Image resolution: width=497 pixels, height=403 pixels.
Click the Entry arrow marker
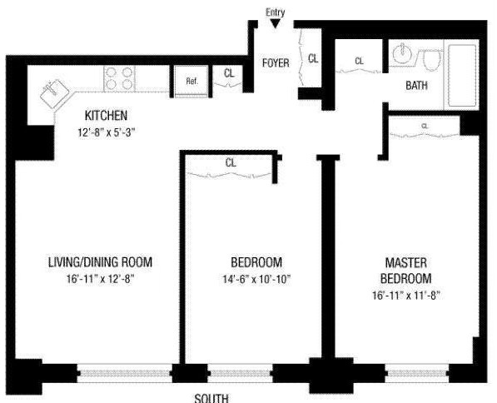pyautogui.click(x=276, y=23)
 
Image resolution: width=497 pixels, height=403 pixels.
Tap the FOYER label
pyautogui.click(x=276, y=63)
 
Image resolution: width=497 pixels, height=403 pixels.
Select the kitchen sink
pyautogui.click(x=55, y=91)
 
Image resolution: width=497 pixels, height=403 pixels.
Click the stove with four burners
pyautogui.click(x=119, y=78)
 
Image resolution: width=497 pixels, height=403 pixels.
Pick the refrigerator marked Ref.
pyautogui.click(x=191, y=82)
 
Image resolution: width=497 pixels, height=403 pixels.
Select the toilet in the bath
pyautogui.click(x=430, y=60)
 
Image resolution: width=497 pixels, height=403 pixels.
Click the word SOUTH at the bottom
pyautogui.click(x=211, y=397)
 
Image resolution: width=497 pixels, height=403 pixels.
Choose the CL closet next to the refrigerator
pyautogui.click(x=229, y=73)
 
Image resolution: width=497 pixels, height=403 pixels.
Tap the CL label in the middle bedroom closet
pyautogui.click(x=231, y=163)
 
